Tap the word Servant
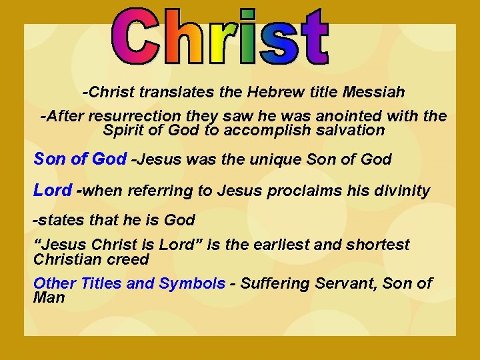[344, 283]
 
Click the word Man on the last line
[49, 297]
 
